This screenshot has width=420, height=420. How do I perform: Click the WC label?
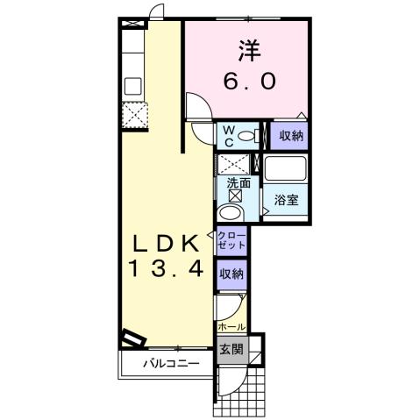(227, 135)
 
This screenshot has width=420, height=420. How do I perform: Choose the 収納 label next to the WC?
(290, 136)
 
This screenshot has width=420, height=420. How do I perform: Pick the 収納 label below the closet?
(231, 274)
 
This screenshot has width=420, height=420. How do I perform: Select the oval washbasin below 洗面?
(231, 213)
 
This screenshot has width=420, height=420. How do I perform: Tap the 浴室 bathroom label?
(287, 199)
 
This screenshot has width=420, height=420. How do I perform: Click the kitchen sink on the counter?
(133, 86)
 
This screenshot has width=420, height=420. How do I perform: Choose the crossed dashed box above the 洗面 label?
(231, 164)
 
